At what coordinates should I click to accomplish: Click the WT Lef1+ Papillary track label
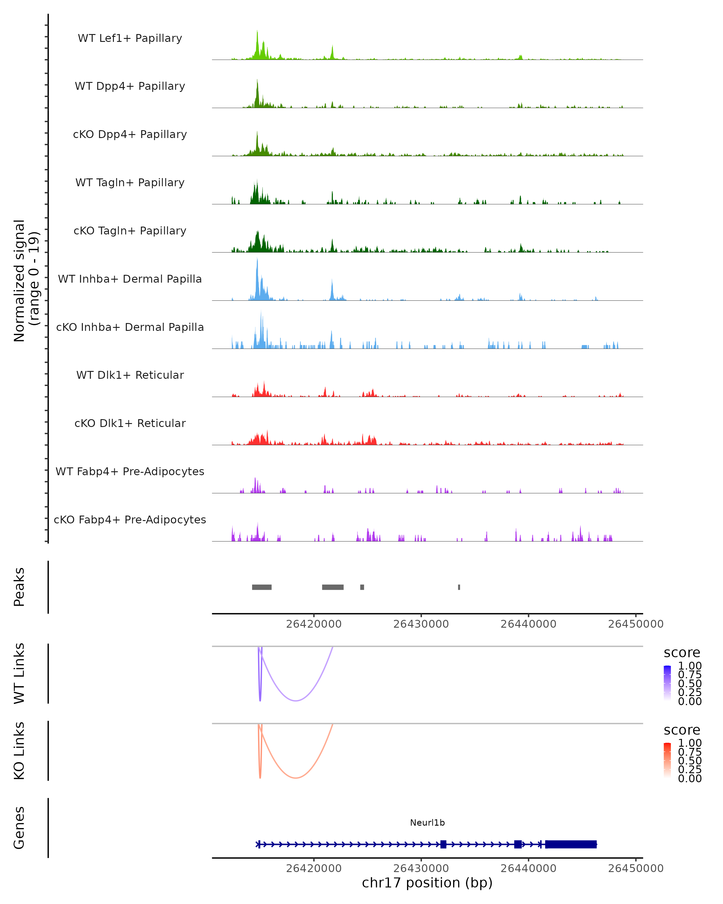(130, 38)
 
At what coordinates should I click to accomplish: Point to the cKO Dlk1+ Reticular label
(130, 423)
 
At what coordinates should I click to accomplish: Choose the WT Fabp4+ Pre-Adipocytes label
(130, 471)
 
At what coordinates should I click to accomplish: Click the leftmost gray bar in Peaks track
(261, 587)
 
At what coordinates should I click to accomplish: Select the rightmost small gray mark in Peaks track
(459, 587)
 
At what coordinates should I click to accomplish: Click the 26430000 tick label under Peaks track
(421, 624)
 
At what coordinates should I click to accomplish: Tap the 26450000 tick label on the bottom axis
(635, 868)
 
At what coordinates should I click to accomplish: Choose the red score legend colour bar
(667, 760)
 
